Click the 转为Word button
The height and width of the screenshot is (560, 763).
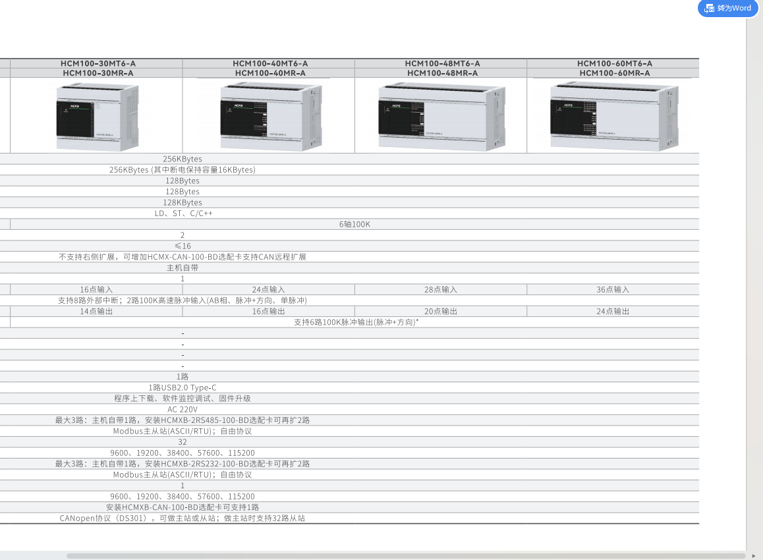(728, 8)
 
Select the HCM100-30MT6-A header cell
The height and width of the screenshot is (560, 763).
(98, 63)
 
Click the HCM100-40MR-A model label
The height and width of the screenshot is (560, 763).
(270, 73)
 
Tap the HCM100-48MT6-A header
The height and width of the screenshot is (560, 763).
(442, 63)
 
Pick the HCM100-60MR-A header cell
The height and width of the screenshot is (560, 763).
(615, 73)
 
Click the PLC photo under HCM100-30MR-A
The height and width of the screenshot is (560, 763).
(98, 117)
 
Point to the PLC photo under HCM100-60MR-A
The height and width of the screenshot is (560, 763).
(614, 114)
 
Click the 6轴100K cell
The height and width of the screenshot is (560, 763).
(355, 224)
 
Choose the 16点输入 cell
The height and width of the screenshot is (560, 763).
(97, 289)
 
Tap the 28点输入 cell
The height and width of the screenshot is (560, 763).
(441, 289)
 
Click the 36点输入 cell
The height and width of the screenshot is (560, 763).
(613, 289)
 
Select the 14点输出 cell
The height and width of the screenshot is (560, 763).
(97, 311)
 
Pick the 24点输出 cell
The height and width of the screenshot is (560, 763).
(613, 311)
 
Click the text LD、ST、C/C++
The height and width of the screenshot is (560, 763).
(183, 213)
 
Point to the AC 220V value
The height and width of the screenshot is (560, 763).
(183, 409)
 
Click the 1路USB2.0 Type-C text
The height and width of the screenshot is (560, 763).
(183, 387)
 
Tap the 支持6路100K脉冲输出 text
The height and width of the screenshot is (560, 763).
(356, 322)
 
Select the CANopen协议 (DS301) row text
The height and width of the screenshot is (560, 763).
(183, 518)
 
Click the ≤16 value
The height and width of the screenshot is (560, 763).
(183, 246)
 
